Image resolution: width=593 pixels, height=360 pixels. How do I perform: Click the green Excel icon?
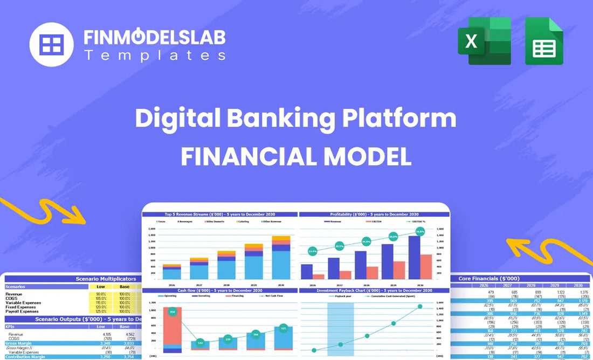(484, 40)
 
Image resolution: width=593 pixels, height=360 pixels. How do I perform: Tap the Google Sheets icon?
(543, 41)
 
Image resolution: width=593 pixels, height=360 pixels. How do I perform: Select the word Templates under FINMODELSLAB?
(155, 54)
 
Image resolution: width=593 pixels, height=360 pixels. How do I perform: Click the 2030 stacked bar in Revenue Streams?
(281, 257)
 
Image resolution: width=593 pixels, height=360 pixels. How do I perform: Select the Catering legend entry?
(241, 221)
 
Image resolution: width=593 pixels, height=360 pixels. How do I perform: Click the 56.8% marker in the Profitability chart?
(420, 231)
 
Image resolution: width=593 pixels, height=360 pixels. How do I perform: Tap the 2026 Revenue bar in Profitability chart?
(307, 271)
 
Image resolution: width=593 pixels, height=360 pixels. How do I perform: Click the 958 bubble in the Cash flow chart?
(173, 311)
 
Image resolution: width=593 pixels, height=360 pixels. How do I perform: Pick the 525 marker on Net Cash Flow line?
(283, 328)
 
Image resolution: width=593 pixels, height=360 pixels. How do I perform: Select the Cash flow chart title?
(220, 290)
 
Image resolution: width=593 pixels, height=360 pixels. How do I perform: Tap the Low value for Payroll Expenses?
(100, 311)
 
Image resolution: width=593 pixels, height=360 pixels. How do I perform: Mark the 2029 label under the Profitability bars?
(393, 285)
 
